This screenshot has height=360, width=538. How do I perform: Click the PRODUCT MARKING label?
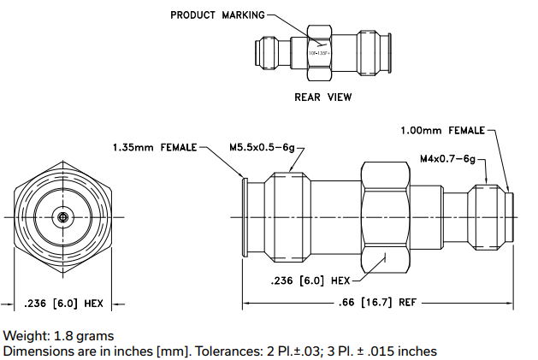coord(217,15)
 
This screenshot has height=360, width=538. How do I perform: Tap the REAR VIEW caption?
coord(322,97)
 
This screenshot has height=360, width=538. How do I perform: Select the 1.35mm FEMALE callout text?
coord(154,147)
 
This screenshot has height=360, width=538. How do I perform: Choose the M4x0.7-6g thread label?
coord(446,158)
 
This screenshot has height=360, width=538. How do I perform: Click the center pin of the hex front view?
coord(62,217)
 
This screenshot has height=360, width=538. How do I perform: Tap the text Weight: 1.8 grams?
coord(58,335)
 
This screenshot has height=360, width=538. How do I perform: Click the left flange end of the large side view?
coord(245,217)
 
